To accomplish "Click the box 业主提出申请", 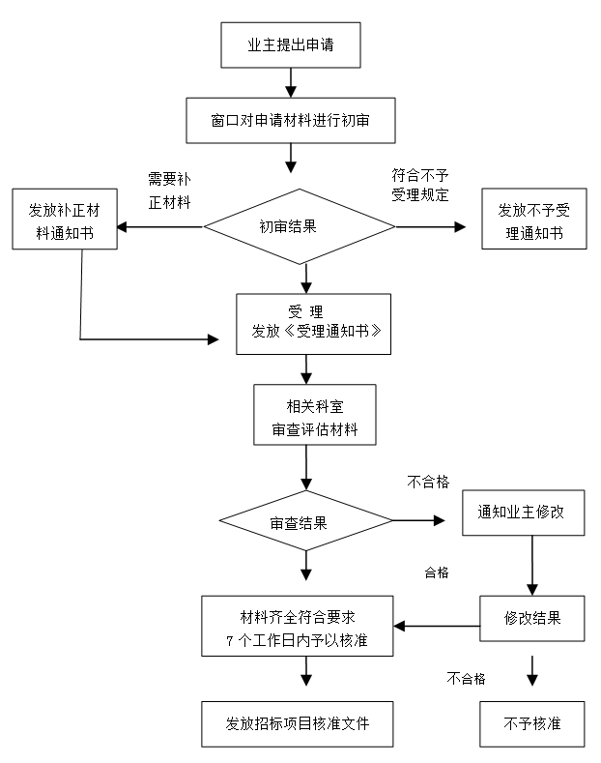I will (291, 44).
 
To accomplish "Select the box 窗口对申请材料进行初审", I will (291, 120).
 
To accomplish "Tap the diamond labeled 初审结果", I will (300, 227).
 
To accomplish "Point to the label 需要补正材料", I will (168, 191).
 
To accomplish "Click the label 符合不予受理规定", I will (419, 185).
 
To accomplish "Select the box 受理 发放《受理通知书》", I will (314, 324).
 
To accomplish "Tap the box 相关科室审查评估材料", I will (306, 417).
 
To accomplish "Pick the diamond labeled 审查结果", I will (305, 522).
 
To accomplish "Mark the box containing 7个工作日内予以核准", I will (297, 628).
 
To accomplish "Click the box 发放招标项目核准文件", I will (298, 722).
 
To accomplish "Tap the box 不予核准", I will (532, 722).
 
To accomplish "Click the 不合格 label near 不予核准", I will (466, 678).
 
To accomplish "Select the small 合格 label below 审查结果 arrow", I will (437, 572).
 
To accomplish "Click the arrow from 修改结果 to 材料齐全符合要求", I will (437, 627).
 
